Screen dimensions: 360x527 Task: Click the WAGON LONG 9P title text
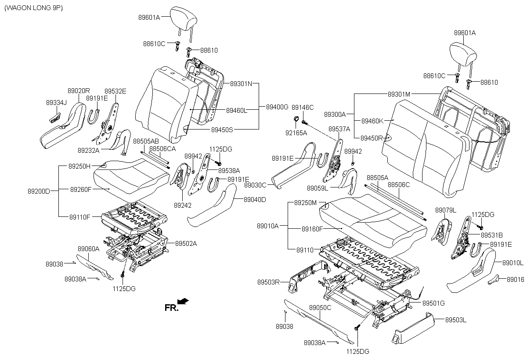click(33, 9)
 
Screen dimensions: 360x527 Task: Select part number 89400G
click(277, 107)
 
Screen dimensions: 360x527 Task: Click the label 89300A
click(335, 114)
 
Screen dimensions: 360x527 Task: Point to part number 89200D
click(39, 191)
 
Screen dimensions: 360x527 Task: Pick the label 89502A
click(186, 243)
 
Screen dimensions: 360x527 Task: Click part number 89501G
click(433, 303)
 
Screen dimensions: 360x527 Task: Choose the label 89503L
click(456, 320)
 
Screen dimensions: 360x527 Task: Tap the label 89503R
click(268, 282)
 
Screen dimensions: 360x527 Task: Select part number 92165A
click(296, 133)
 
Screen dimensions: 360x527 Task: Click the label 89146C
click(303, 107)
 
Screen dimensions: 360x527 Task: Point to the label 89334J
click(56, 102)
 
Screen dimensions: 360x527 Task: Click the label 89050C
click(320, 308)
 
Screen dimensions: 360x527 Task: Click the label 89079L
click(446, 211)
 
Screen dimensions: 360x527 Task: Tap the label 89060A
click(89, 248)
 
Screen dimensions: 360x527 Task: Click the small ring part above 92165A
click(296, 119)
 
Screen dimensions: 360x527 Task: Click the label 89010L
click(512, 263)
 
